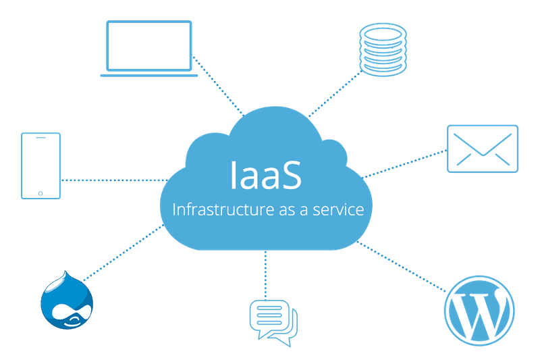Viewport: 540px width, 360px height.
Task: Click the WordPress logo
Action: tap(479, 310)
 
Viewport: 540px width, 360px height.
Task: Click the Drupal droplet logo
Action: tap(67, 301)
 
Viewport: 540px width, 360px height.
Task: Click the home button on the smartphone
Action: tap(40, 193)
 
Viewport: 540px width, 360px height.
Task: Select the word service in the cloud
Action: tap(338, 210)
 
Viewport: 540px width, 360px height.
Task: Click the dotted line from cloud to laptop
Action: tap(218, 85)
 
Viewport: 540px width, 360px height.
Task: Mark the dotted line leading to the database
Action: tap(334, 94)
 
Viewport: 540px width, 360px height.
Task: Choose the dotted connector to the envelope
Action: tap(404, 164)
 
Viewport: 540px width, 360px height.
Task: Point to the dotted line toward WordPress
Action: tap(401, 266)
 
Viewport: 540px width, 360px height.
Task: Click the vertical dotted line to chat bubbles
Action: tap(265, 275)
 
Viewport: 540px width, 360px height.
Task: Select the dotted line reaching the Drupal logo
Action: tap(124, 253)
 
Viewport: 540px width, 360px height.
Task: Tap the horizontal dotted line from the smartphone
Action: tap(115, 180)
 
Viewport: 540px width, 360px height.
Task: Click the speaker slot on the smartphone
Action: tap(40, 138)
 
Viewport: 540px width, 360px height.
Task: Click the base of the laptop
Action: tap(148, 76)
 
